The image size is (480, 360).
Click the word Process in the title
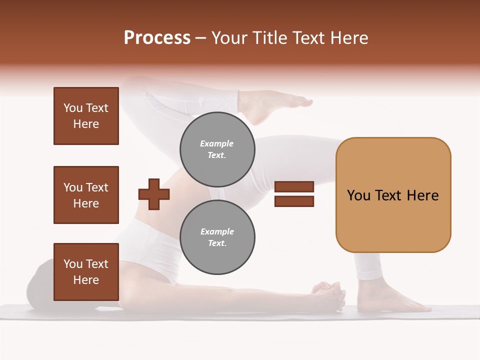[157, 37]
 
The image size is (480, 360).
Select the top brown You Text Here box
[86, 116]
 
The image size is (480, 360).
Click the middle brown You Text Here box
[86, 195]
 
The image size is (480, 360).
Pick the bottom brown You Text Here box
[86, 271]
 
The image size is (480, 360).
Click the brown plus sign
[154, 193]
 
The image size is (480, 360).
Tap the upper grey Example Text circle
[217, 149]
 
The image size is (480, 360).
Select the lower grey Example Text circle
[217, 237]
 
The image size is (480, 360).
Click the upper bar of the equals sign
[294, 186]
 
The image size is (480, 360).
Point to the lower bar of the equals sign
[294, 201]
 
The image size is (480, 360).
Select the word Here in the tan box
[422, 195]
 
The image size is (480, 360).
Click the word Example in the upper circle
[216, 143]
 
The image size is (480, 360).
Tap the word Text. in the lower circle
[217, 243]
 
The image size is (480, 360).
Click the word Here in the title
[348, 37]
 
